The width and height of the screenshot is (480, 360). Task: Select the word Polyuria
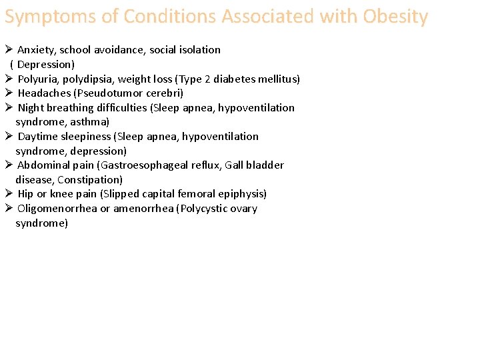coord(37,79)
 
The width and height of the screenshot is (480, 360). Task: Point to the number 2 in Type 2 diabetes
coord(207,79)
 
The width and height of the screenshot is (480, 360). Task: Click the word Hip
coord(25,194)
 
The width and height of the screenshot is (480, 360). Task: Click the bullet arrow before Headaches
coord(9,93)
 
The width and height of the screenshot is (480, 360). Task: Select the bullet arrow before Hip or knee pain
coord(9,193)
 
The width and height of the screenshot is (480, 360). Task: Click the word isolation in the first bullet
coord(199,50)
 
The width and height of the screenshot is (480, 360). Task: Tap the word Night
coord(31,108)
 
